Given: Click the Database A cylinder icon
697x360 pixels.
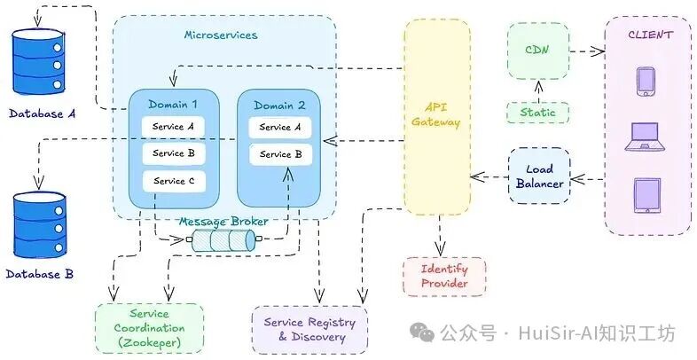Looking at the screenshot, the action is coord(39,61).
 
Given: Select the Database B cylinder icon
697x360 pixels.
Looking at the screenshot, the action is coord(39,224).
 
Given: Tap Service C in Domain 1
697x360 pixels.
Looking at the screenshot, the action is coord(174,182).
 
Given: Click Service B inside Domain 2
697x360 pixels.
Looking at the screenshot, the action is coord(280,154).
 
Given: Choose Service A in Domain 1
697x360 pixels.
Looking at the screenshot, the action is coord(173,127).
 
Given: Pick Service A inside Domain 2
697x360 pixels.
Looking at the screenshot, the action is coord(280,128).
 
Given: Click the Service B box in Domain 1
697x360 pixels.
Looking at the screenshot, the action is coord(174,153).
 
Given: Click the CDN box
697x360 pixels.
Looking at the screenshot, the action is coord(538,51).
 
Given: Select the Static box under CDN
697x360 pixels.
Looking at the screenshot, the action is coord(538,113).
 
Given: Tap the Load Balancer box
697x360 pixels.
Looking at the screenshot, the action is coord(540,176).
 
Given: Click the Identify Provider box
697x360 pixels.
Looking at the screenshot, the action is coord(444,277).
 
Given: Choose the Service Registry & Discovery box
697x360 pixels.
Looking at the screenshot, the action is coord(309,329).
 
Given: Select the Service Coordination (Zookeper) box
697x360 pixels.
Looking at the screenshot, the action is coord(149,328).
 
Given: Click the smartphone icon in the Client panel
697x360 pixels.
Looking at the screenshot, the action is coord(646,82).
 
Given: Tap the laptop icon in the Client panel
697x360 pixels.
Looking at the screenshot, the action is coord(644,137).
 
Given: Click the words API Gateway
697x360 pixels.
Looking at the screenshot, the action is coord(435,114).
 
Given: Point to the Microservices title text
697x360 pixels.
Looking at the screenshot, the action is coord(221,35).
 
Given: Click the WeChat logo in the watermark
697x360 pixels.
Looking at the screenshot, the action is coord(422,332).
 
